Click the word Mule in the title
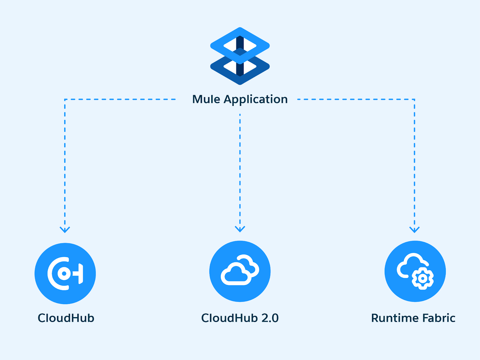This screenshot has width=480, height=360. click(x=206, y=99)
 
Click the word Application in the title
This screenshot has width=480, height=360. click(x=256, y=100)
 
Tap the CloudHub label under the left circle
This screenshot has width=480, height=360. click(x=66, y=318)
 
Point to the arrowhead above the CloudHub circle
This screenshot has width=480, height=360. click(x=65, y=229)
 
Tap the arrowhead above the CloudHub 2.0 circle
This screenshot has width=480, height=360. click(x=240, y=229)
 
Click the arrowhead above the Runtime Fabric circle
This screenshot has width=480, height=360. click(x=414, y=229)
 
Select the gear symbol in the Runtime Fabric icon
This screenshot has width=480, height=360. click(x=422, y=278)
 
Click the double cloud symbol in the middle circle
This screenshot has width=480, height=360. click(x=240, y=270)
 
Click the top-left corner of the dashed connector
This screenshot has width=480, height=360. click(x=65, y=100)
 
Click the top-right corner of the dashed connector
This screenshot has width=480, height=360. click(x=414, y=100)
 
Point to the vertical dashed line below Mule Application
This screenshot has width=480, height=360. click(x=240, y=168)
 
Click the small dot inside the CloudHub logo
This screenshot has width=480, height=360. click(x=64, y=273)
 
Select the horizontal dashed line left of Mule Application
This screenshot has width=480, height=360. click(x=120, y=99)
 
